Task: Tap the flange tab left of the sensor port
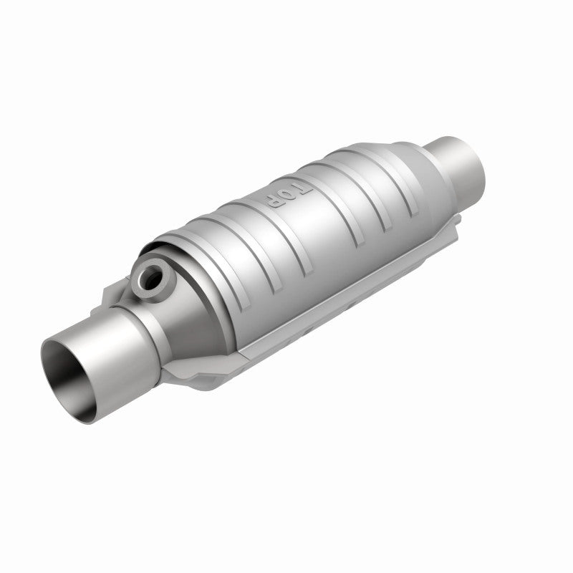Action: pyautogui.click(x=115, y=294)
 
